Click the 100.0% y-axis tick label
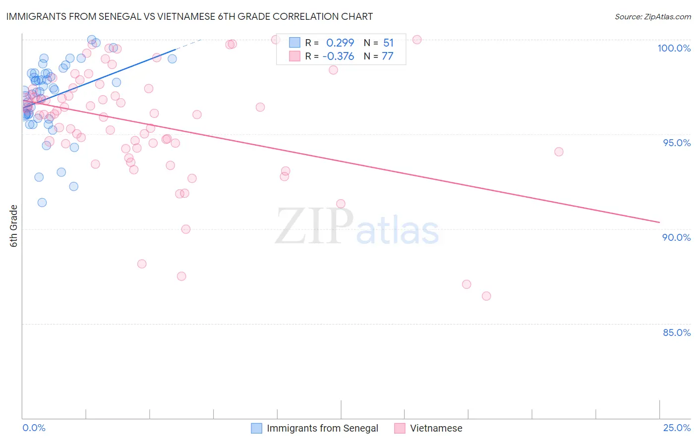tap(674, 48)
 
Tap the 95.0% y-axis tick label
tap(677, 143)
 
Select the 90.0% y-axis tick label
tap(677, 237)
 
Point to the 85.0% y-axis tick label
tap(677, 332)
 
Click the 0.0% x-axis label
tap(34, 428)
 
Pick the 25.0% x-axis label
tap(677, 428)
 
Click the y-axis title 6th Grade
tap(14, 226)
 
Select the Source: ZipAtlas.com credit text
tap(652, 16)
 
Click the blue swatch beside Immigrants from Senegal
tap(256, 428)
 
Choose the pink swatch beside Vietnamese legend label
tap(400, 428)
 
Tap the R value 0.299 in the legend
tap(340, 43)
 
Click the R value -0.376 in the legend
tap(338, 56)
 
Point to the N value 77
tap(387, 56)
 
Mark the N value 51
tap(388, 43)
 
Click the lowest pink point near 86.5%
tap(486, 296)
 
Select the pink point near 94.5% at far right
tap(559, 152)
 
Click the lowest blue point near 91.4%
tap(42, 202)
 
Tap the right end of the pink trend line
tap(659, 222)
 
